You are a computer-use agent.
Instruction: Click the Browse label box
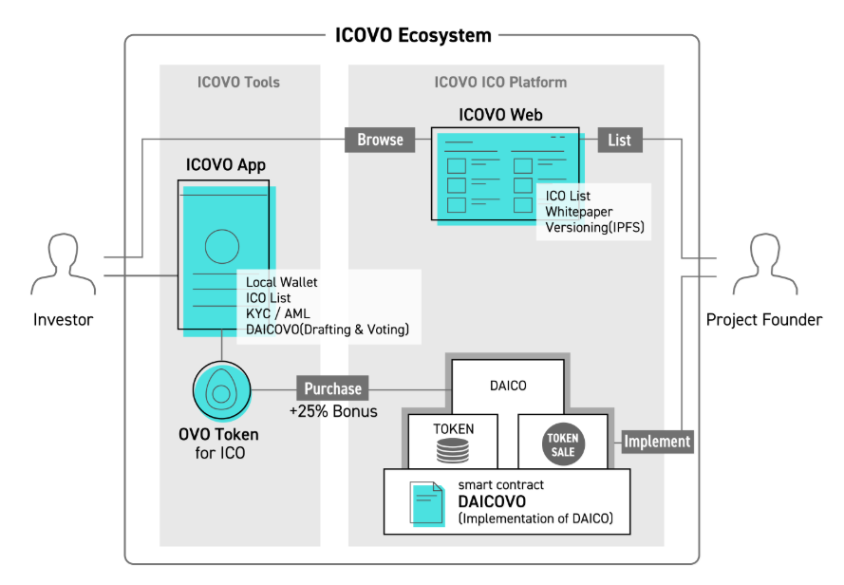pos(380,140)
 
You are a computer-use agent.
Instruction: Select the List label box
pos(620,140)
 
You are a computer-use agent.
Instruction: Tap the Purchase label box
pos(332,388)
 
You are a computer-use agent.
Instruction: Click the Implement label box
pos(657,442)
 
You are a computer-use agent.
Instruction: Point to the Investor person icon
pos(64,264)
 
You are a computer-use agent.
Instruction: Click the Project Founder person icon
pos(765,264)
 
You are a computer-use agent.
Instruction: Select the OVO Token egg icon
pos(221,390)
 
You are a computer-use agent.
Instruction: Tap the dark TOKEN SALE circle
pos(563,444)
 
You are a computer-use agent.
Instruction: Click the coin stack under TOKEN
pos(453,451)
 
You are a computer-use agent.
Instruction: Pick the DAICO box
pos(508,386)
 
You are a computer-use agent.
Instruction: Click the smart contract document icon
pos(427,503)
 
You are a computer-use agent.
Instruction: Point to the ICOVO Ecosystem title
pos(413,35)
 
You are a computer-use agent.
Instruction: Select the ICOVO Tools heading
pos(238,82)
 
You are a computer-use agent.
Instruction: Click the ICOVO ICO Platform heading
pos(500,82)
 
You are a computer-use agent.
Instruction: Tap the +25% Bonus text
pos(333,411)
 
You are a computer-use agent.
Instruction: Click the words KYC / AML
pos(278,313)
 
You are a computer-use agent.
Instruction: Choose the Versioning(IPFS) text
pos(594,227)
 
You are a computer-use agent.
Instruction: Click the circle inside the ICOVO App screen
pos(222,246)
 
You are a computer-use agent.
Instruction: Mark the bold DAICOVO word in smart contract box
pos(492,501)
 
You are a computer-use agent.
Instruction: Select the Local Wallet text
pos(282,282)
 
